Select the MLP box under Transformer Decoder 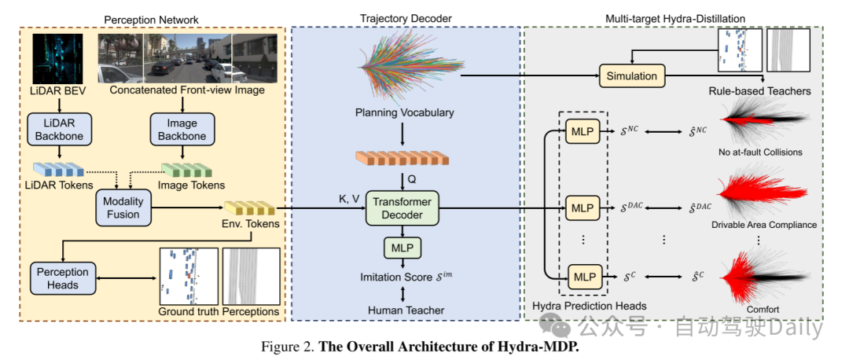tap(402, 248)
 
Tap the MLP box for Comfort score tap(583, 277)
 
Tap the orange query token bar tap(402, 158)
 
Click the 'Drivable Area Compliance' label tap(763, 225)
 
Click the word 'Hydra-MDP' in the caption tap(542, 345)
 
